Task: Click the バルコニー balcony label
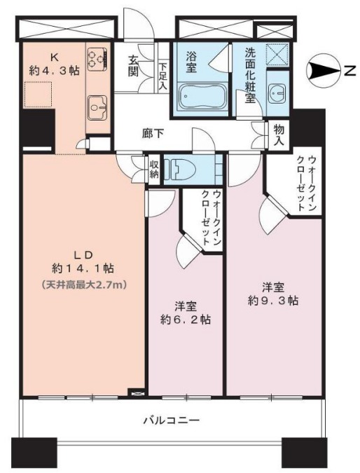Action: tap(172, 421)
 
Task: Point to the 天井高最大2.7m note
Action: tap(83, 284)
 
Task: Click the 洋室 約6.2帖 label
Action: tap(185, 313)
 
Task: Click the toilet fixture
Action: tap(186, 168)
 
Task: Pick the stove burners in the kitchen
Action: tap(96, 57)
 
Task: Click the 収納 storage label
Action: tap(155, 169)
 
